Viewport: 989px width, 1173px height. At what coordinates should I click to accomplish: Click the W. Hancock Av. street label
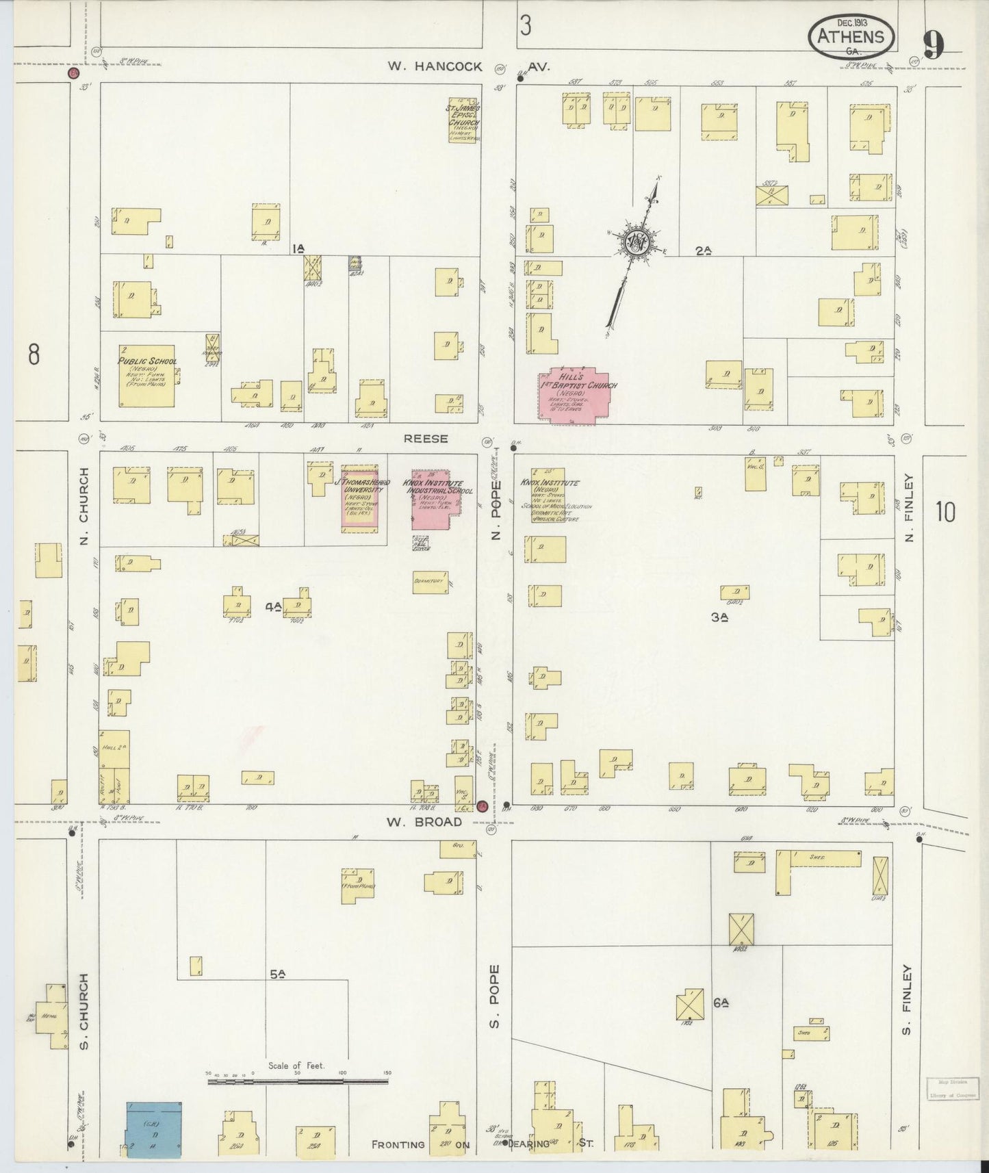pyautogui.click(x=468, y=66)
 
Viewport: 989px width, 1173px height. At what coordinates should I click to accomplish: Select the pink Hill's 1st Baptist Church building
pyautogui.click(x=577, y=395)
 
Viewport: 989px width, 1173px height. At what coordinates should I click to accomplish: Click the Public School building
pyautogui.click(x=146, y=375)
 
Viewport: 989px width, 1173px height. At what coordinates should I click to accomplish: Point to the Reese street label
pyautogui.click(x=426, y=439)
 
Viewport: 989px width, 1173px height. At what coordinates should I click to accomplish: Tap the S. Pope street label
pyautogui.click(x=496, y=996)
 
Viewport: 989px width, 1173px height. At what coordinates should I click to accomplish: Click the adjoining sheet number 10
pyautogui.click(x=945, y=511)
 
